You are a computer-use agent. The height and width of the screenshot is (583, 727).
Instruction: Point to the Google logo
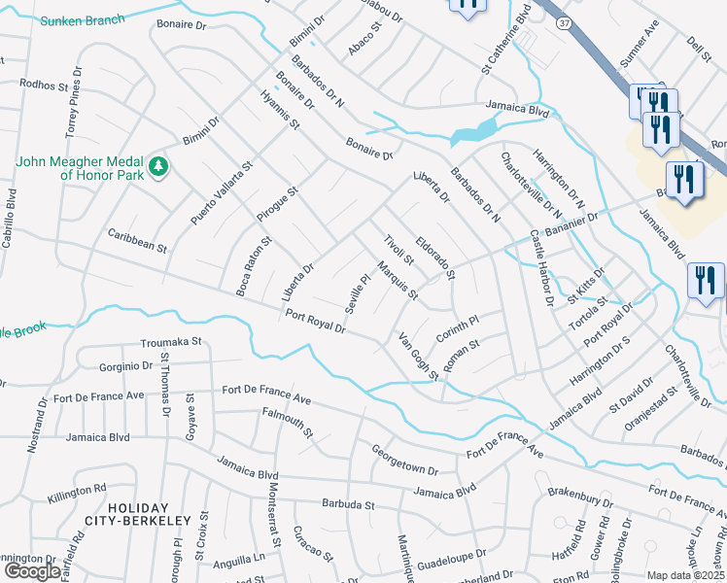click(32, 570)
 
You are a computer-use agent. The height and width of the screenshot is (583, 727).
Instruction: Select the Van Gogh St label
click(419, 356)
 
